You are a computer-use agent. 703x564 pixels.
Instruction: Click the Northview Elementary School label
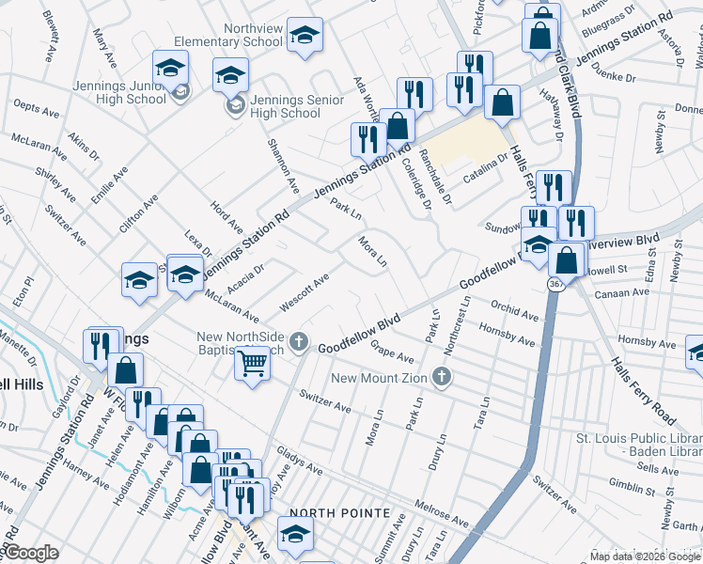pyautogui.click(x=228, y=36)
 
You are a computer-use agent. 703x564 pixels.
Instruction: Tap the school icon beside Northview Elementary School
pyautogui.click(x=304, y=35)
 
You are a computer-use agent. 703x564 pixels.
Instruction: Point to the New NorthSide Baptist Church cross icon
pyautogui.click(x=300, y=340)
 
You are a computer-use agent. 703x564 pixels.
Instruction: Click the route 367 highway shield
pyautogui.click(x=556, y=282)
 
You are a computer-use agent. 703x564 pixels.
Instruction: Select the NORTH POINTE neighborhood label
pyautogui.click(x=339, y=512)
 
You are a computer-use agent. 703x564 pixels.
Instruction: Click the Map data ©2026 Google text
pyautogui.click(x=645, y=556)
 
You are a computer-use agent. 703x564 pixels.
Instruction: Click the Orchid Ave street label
pyautogui.click(x=513, y=309)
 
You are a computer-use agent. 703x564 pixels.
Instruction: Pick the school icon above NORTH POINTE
pyautogui.click(x=296, y=534)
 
